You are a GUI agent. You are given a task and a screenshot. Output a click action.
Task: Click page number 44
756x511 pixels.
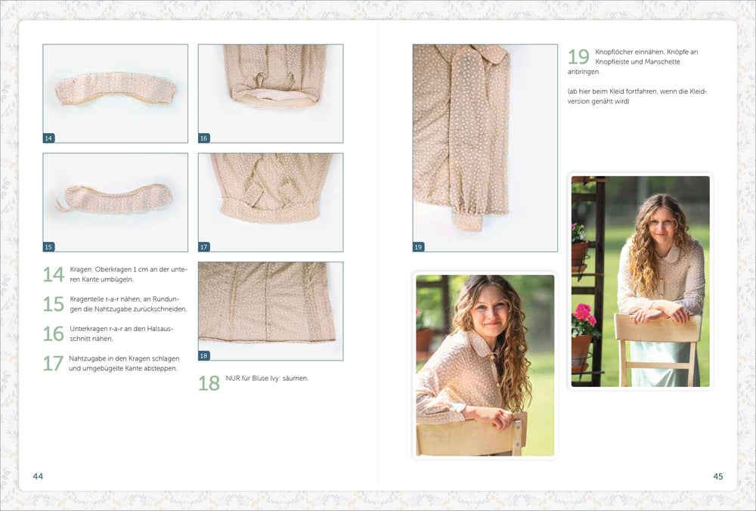tap(38, 476)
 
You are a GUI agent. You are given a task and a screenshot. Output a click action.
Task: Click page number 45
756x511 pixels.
tap(718, 476)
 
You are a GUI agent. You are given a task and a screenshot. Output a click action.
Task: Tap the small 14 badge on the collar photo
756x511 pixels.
tap(48, 138)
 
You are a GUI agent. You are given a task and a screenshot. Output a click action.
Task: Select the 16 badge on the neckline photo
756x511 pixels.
tap(204, 138)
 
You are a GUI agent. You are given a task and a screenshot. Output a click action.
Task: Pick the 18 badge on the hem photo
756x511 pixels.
tap(204, 356)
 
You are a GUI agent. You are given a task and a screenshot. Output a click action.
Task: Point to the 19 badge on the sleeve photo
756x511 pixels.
tap(419, 247)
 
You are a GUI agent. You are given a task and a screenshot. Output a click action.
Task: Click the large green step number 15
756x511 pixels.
tap(54, 304)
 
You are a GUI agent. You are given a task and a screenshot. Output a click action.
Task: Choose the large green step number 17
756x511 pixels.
tap(54, 364)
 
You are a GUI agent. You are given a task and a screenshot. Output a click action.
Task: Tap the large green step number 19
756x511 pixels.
tap(578, 57)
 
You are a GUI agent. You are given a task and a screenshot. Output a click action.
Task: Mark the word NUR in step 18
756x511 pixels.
tap(232, 379)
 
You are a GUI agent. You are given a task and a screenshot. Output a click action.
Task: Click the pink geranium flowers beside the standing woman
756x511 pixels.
tap(583, 314)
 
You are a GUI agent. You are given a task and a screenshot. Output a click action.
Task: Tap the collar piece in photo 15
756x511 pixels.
tap(116, 199)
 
